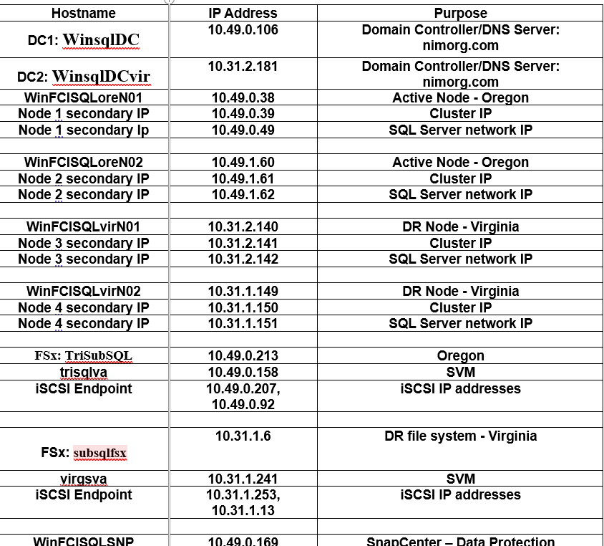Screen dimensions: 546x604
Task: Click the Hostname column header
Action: [84, 13]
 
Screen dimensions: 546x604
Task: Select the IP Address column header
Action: [243, 13]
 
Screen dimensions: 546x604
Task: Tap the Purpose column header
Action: [460, 13]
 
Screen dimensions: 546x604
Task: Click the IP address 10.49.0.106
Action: [243, 29]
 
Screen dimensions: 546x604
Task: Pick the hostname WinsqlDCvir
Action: [101, 76]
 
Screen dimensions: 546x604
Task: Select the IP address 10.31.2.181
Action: [243, 66]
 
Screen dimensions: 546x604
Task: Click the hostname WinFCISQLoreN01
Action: [84, 98]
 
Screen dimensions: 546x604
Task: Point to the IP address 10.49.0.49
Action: [243, 130]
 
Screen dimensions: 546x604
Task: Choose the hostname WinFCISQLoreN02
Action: [84, 163]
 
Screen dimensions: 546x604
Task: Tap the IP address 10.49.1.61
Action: [243, 178]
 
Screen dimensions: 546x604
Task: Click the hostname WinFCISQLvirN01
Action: [84, 227]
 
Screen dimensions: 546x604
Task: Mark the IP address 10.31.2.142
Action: [243, 259]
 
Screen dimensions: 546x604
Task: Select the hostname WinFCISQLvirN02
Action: [84, 292]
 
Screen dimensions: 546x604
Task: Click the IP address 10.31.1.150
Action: [243, 307]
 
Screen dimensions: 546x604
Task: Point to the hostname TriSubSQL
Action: [99, 355]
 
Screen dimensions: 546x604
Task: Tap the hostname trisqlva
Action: [84, 372]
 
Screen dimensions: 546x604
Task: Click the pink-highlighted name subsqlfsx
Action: [99, 453]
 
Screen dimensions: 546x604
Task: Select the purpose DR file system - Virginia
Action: [460, 436]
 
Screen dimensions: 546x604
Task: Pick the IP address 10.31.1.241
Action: [243, 479]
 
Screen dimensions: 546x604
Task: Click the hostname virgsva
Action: [84, 479]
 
